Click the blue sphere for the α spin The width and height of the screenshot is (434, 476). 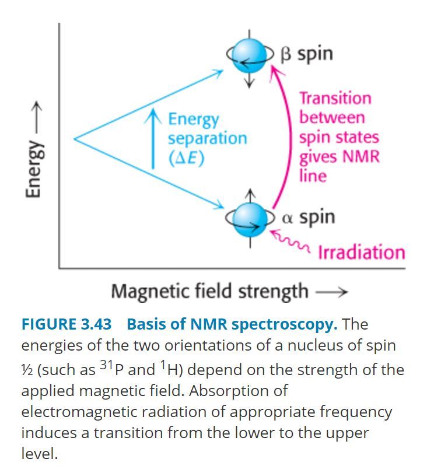coord(250,218)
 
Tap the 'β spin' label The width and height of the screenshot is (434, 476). coord(307,54)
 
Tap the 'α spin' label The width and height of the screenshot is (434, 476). coord(309,217)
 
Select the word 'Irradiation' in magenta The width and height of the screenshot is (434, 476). coord(361,252)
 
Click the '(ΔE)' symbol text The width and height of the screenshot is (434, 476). coord(186,157)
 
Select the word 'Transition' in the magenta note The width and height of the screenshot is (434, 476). coord(335,98)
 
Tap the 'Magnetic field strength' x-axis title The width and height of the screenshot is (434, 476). coord(209,290)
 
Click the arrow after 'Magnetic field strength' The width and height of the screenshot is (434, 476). coord(331,291)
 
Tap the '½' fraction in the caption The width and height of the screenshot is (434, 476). coord(26,369)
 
